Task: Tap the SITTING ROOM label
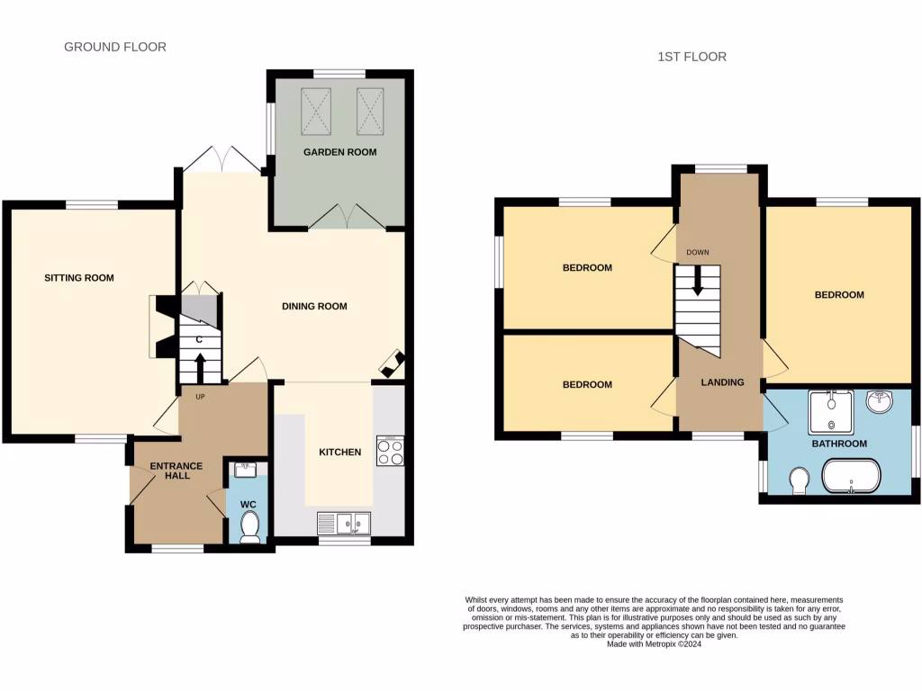pos(79,278)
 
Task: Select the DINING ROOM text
pos(314,307)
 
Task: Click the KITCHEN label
pos(339,452)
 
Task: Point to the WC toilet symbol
pos(249,526)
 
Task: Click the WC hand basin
pos(246,469)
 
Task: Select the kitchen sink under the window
pos(344,522)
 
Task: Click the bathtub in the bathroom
pos(851,477)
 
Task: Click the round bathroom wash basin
pos(880,402)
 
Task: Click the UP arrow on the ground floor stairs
pos(199,366)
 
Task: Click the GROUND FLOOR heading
pos(115,47)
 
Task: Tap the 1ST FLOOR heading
pos(691,57)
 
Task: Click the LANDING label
pos(723,382)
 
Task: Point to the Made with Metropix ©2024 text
pos(654,643)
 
